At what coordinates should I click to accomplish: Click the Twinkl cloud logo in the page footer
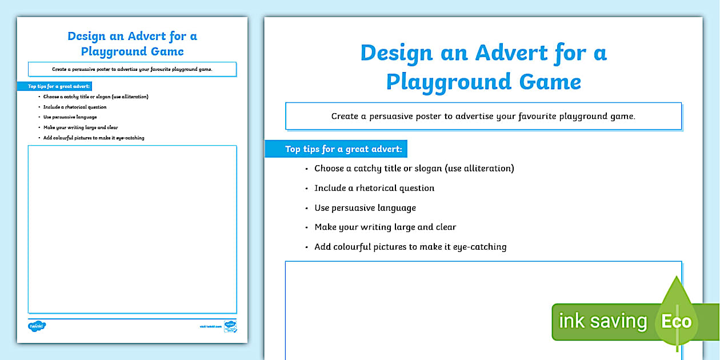(37, 326)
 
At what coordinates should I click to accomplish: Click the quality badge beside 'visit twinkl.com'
(230, 326)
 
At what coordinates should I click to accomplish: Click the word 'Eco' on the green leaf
(676, 321)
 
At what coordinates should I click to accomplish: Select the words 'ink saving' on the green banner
(602, 321)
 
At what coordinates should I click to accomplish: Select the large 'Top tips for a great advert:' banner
(336, 149)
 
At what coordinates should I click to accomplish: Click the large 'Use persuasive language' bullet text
(365, 207)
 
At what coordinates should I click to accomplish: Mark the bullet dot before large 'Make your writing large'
(307, 227)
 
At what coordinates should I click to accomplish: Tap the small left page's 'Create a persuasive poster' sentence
(132, 69)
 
